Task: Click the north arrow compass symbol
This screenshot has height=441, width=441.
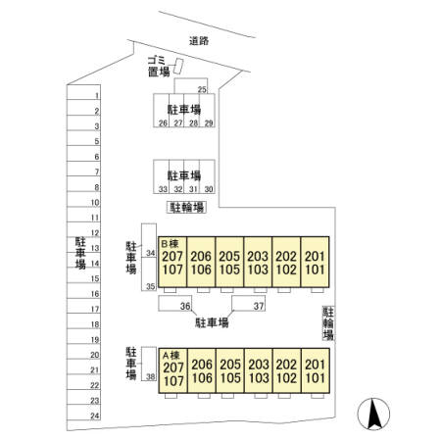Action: click(373, 414)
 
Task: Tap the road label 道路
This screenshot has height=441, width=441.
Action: click(199, 41)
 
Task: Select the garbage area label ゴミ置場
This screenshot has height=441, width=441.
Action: click(159, 67)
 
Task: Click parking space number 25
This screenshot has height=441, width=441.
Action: click(202, 89)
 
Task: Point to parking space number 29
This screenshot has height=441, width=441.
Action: click(209, 123)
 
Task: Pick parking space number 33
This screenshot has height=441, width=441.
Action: click(163, 189)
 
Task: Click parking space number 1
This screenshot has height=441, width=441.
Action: click(97, 96)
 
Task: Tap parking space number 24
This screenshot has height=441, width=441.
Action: click(95, 416)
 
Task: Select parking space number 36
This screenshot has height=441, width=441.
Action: click(185, 307)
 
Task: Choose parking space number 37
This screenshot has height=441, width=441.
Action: click(259, 307)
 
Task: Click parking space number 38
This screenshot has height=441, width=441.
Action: click(150, 376)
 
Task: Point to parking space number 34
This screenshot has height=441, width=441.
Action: click(150, 253)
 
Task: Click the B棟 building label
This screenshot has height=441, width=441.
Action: click(170, 244)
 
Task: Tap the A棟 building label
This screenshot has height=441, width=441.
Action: click(171, 355)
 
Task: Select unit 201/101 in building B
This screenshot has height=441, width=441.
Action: click(315, 262)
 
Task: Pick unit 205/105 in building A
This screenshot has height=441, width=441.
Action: click(230, 370)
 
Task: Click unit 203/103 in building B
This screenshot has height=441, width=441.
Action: click(258, 262)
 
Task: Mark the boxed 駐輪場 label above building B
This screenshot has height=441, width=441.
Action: click(186, 208)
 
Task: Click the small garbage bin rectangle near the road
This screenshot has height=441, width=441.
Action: click(178, 67)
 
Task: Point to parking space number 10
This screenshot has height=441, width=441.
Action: click(95, 203)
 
